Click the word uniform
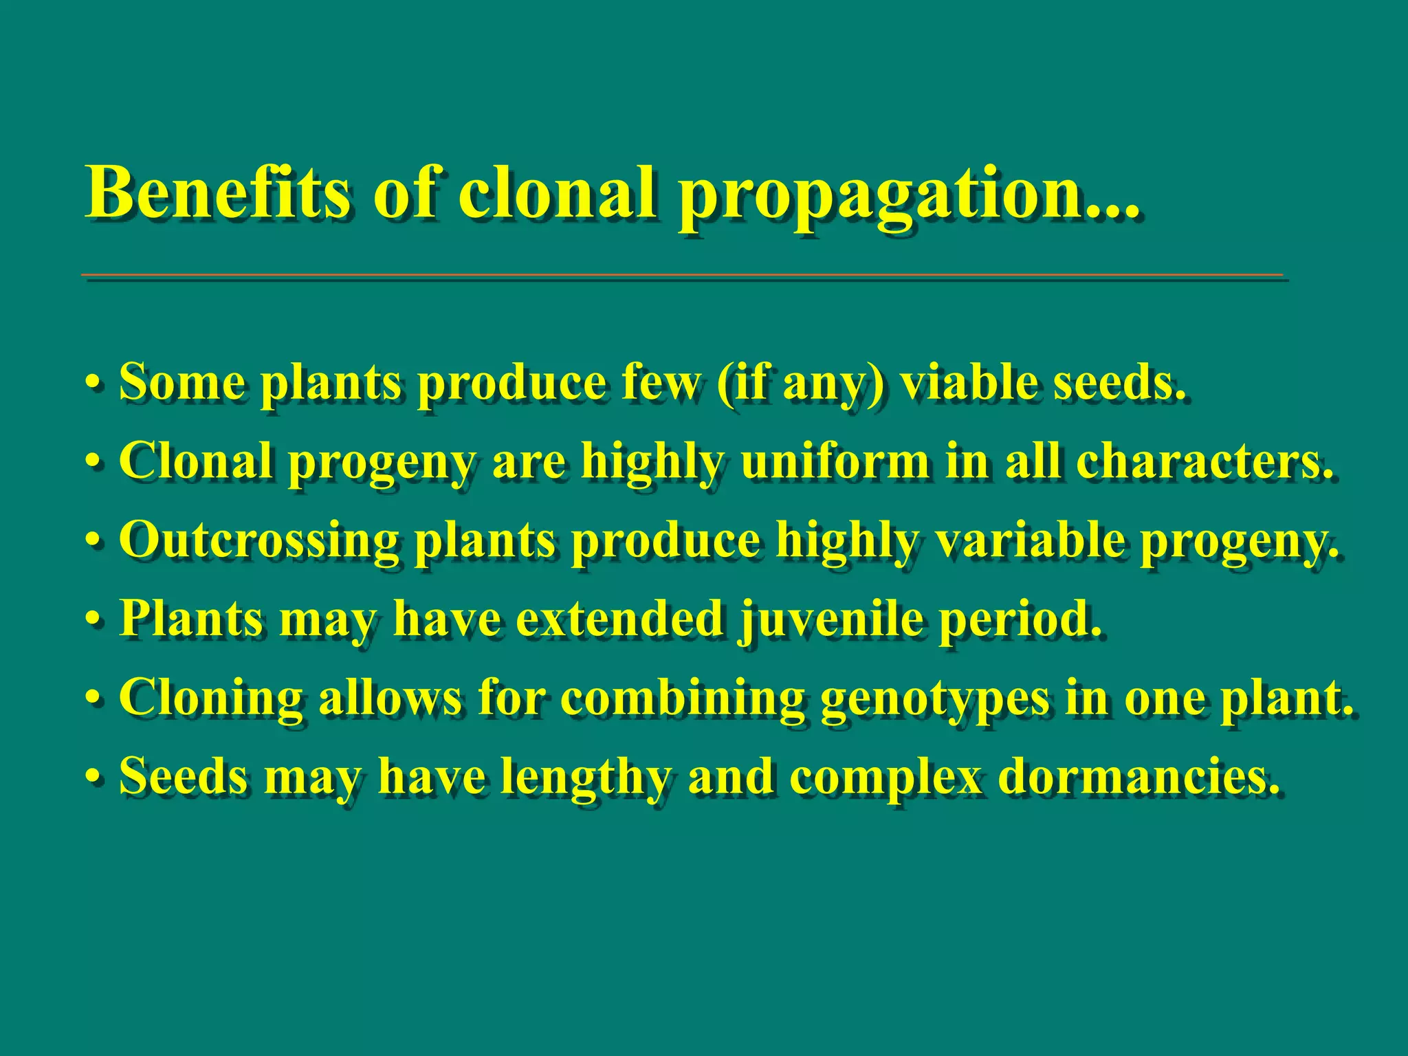(x=835, y=461)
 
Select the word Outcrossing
(x=258, y=540)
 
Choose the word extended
(x=619, y=618)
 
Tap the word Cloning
(x=210, y=698)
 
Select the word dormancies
(x=1138, y=777)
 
